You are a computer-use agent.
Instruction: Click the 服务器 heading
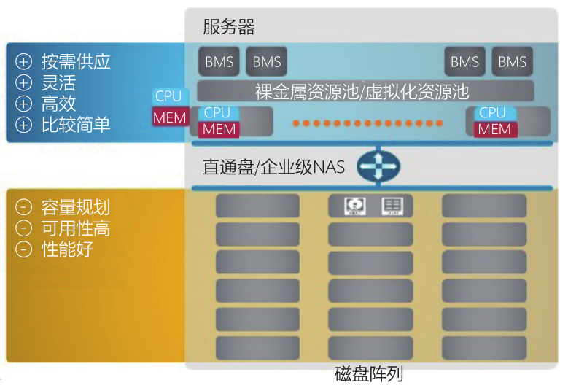point(229,28)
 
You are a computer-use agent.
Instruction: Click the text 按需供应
point(76,61)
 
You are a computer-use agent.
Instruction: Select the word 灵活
point(58,82)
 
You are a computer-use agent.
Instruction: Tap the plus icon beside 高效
point(24,104)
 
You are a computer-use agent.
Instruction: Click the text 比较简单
point(76,124)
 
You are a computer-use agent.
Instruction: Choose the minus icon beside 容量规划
point(24,207)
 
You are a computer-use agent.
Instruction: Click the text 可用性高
point(76,228)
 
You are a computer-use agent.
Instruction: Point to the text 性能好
point(67,249)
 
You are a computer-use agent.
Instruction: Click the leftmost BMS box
point(219,62)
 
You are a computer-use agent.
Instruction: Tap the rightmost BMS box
point(512,62)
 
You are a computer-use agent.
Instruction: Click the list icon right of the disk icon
point(392,206)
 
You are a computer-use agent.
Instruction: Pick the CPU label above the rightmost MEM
point(492,112)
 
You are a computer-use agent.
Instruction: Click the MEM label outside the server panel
point(170,117)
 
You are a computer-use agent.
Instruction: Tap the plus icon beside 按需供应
point(24,62)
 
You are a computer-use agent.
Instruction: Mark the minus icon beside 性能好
point(24,249)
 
